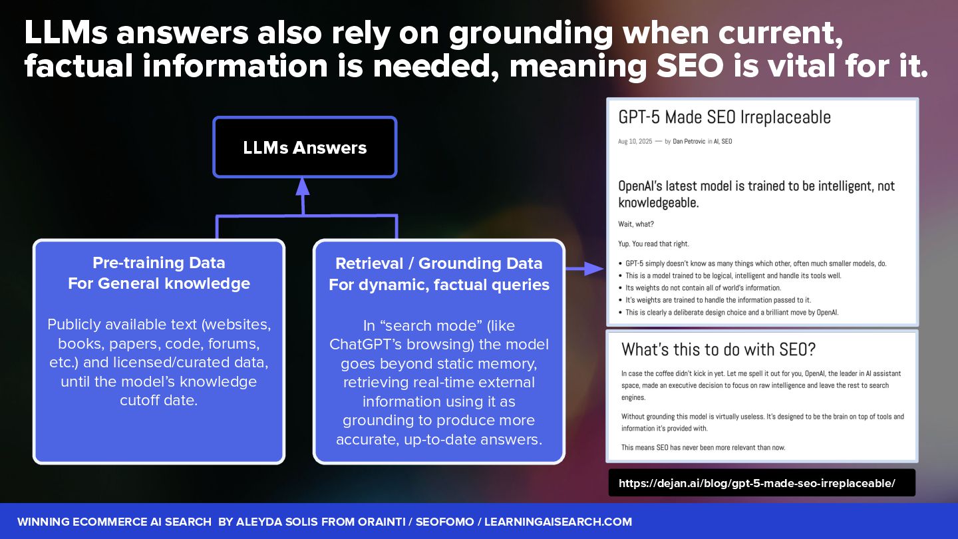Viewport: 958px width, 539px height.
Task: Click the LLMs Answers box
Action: [x=305, y=147]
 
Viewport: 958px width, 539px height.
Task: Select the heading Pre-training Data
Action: [x=158, y=262]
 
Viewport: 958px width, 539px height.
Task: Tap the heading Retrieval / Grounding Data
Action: [x=438, y=264]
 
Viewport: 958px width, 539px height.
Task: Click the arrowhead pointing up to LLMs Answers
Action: [x=303, y=187]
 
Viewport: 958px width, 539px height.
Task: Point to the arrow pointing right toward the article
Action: [x=585, y=268]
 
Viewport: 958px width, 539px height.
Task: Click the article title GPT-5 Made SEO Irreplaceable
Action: [x=724, y=117]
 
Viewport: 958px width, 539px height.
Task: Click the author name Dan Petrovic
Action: [x=693, y=142]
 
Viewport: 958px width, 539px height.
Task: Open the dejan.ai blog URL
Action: [x=756, y=484]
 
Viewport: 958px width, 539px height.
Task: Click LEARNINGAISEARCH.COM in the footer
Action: [x=558, y=522]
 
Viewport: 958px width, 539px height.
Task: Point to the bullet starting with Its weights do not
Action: [x=694, y=288]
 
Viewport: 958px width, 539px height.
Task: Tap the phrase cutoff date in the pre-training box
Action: [x=159, y=401]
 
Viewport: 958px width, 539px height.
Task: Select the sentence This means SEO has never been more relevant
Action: [x=703, y=447]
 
